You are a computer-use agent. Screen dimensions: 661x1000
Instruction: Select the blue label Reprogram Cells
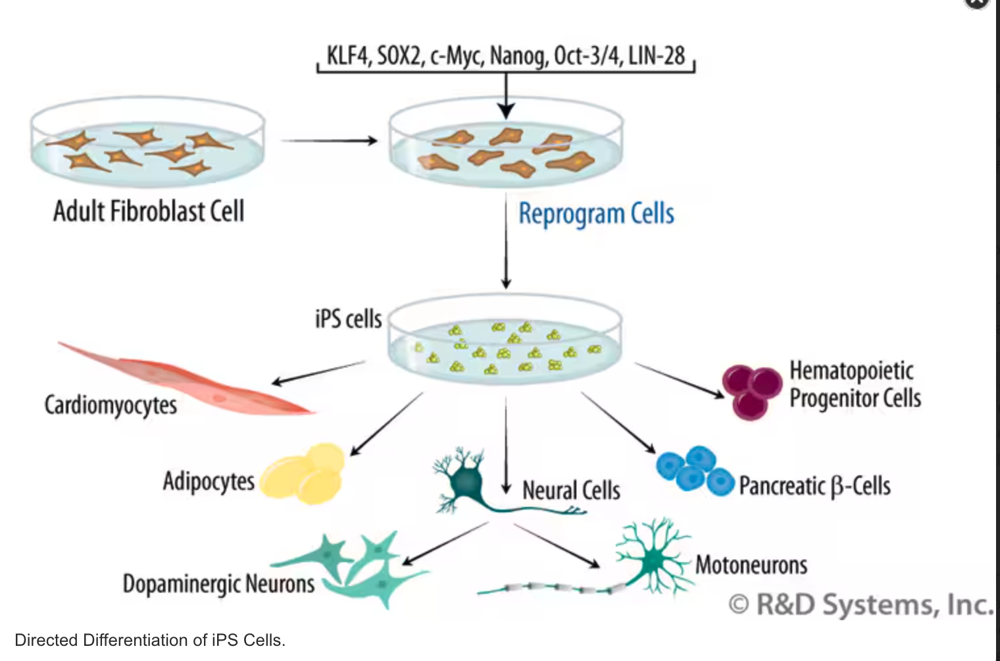click(596, 214)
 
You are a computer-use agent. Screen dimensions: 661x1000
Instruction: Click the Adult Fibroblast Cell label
click(149, 211)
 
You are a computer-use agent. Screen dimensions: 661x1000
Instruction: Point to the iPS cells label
click(348, 319)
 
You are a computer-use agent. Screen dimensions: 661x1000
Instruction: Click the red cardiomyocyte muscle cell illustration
click(191, 379)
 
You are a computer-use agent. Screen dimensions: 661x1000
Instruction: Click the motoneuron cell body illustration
click(653, 559)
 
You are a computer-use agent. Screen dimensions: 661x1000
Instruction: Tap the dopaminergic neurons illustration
click(359, 566)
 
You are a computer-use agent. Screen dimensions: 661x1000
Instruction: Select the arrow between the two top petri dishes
click(328, 140)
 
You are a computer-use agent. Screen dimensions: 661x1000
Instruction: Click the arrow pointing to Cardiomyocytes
click(318, 372)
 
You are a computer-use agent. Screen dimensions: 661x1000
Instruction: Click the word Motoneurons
click(751, 565)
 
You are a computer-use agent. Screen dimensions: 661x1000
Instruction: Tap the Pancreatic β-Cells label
click(814, 486)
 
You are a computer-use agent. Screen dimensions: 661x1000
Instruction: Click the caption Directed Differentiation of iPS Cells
click(150, 640)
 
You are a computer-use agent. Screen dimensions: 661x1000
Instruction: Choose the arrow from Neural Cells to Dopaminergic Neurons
click(445, 543)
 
